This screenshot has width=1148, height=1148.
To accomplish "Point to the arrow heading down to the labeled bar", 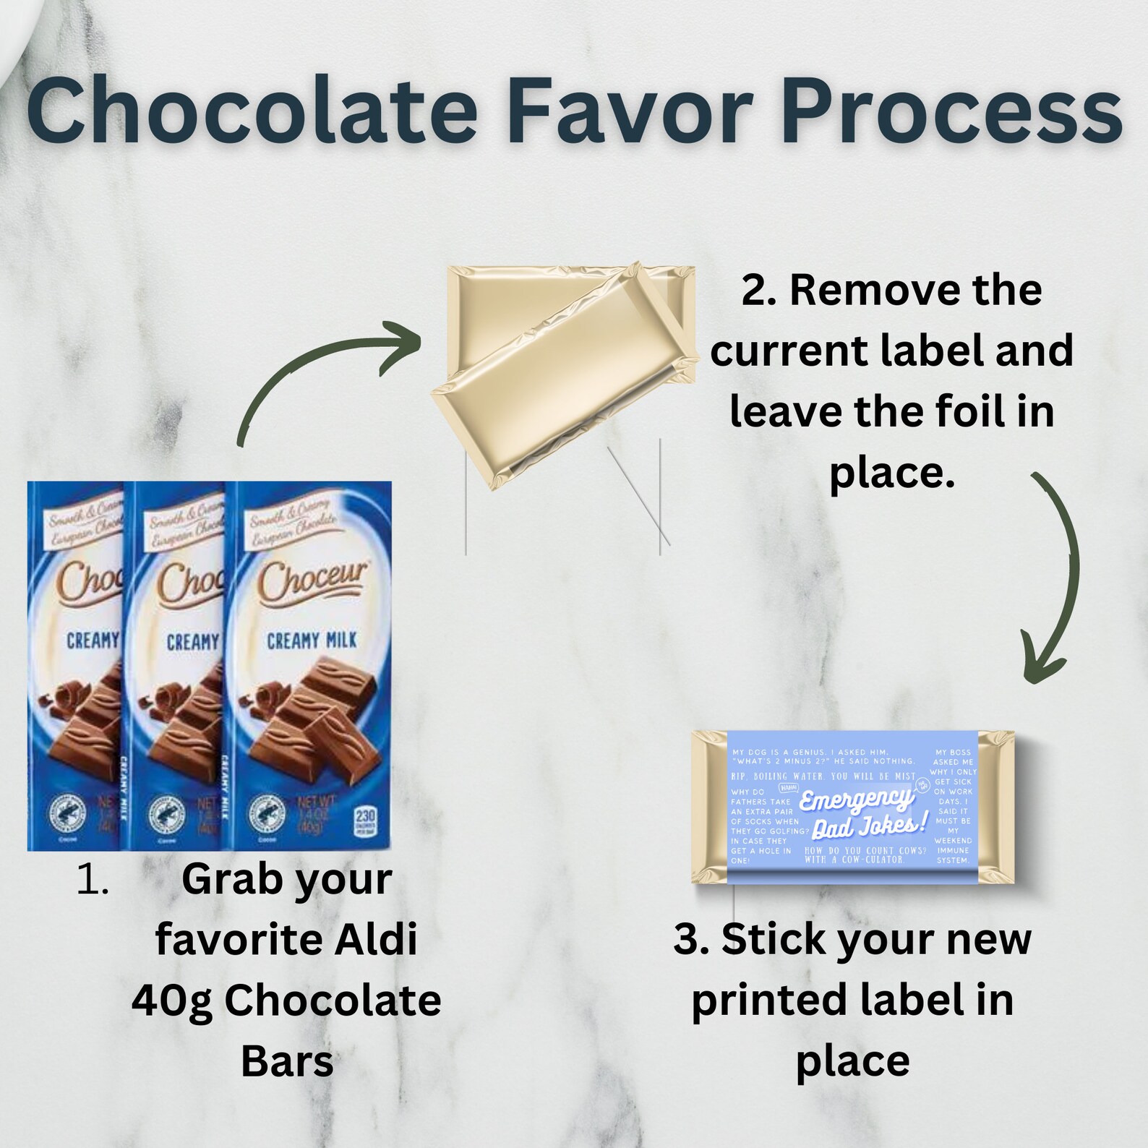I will click(1055, 571).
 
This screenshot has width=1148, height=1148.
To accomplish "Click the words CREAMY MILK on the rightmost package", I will click(312, 641).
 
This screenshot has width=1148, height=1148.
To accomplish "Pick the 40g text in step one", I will click(172, 1001).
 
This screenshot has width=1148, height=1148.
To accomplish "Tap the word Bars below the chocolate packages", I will click(287, 1061).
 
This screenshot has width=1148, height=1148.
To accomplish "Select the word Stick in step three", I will click(768, 939).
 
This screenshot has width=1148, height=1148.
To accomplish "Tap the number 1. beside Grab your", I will click(93, 881).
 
